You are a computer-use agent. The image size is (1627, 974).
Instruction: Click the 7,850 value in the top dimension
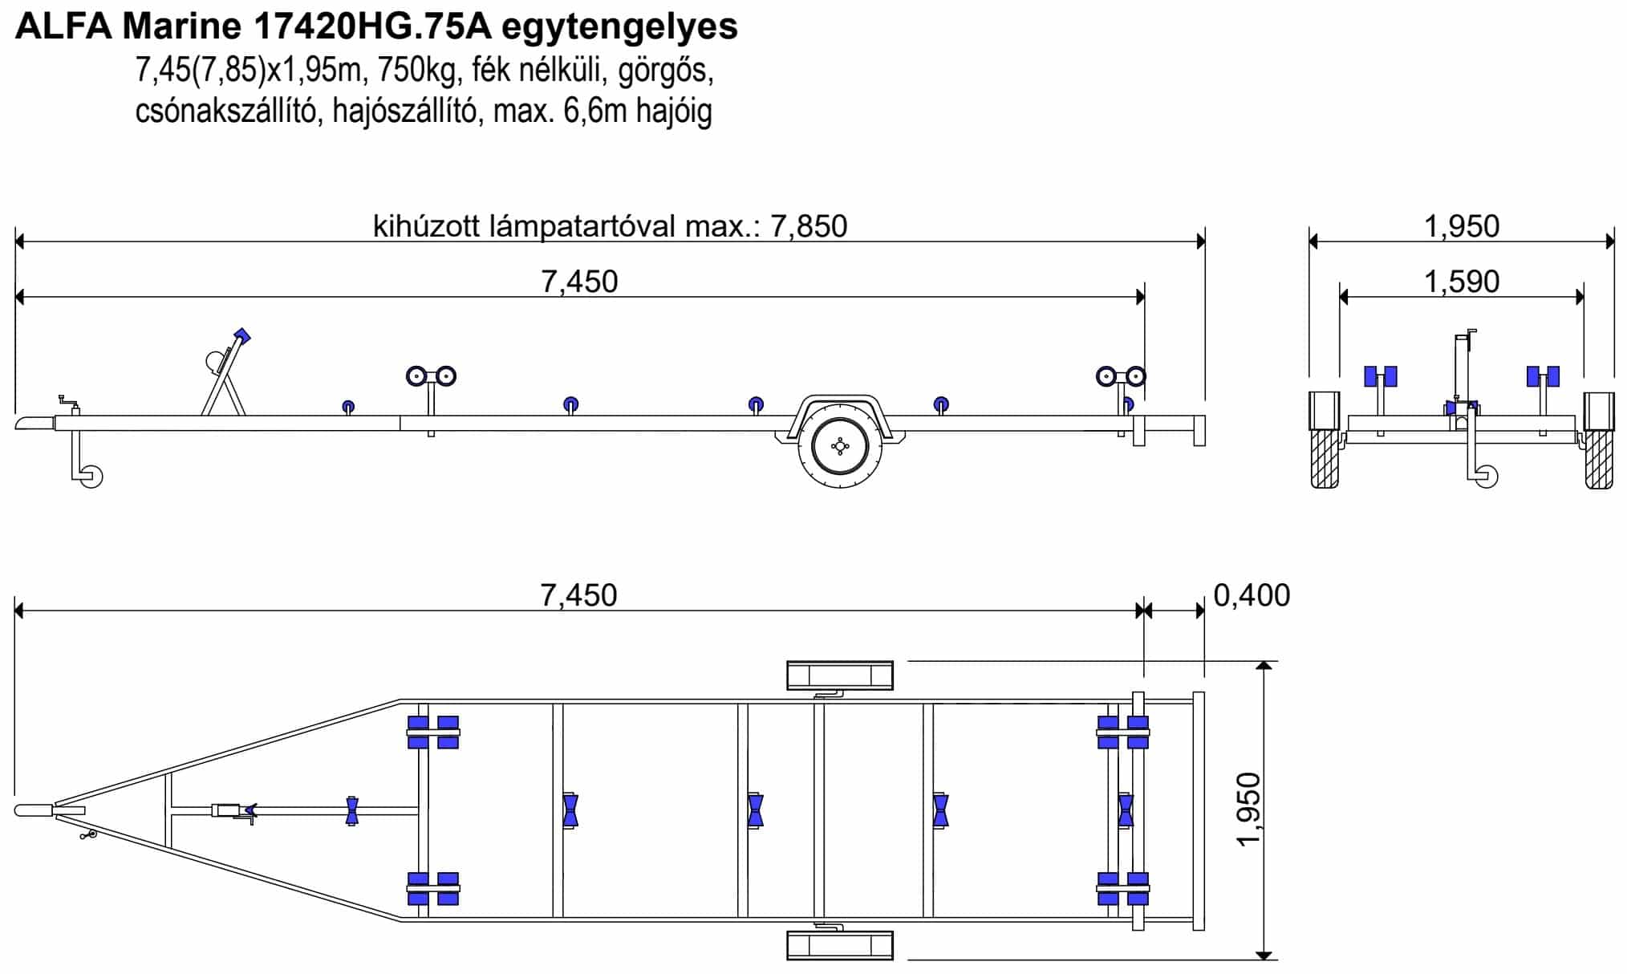[809, 227]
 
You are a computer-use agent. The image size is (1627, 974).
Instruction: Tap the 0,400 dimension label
[1252, 595]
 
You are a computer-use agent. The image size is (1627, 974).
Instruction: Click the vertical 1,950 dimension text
[1249, 809]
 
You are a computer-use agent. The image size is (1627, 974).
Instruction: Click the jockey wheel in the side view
[91, 477]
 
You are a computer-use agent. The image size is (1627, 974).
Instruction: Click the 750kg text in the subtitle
[420, 71]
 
